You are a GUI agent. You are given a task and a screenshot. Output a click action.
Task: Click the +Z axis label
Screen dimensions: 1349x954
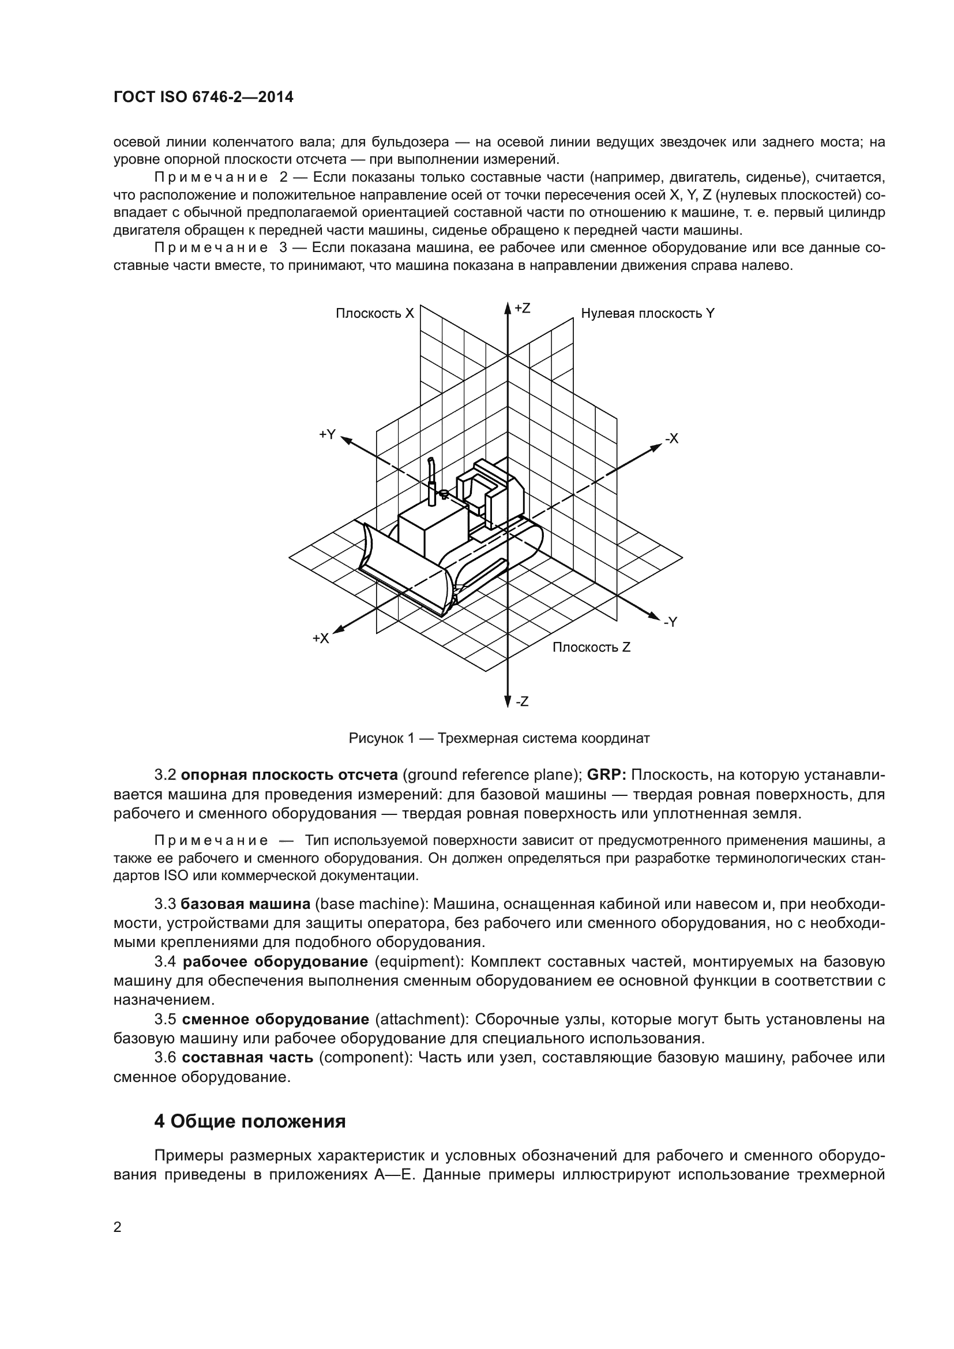[x=522, y=309]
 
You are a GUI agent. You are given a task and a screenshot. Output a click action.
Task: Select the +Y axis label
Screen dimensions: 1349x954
[x=327, y=434]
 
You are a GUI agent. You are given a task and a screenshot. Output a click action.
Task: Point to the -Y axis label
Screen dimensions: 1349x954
[x=670, y=622]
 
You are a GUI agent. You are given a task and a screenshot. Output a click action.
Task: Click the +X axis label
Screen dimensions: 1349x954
[x=321, y=638]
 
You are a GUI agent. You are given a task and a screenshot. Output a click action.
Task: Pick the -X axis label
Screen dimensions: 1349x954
[x=671, y=438]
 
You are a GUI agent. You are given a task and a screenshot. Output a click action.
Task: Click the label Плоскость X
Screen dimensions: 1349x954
[x=375, y=314]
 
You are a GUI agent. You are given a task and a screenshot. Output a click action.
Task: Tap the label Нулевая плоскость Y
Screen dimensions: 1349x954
[x=647, y=314]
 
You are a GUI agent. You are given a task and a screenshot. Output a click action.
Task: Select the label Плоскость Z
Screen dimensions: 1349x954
[x=591, y=648]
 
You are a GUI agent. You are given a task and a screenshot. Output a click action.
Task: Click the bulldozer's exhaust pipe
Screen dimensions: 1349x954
[x=432, y=479]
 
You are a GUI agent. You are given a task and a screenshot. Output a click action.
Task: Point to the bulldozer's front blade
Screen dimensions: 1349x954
[x=405, y=570]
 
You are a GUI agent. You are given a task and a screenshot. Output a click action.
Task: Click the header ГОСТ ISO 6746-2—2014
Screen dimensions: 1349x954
[x=203, y=97]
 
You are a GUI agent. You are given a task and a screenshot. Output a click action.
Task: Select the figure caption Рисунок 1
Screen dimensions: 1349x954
[x=499, y=739]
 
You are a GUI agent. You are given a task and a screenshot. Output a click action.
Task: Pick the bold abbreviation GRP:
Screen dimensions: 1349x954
[x=607, y=775]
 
